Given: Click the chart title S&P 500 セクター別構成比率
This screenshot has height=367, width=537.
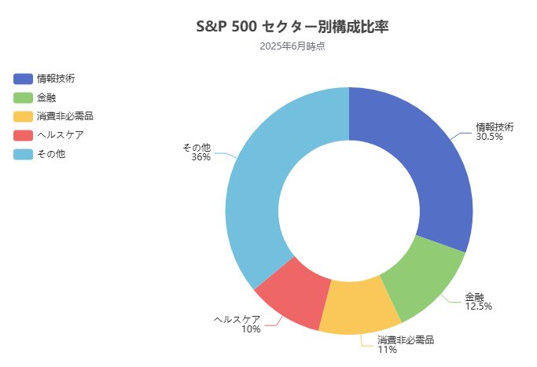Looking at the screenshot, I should click(x=292, y=26).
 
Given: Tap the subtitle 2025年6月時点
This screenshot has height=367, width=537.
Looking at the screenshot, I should click(x=292, y=46).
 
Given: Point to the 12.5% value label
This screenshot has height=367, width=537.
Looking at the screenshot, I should click(x=478, y=306).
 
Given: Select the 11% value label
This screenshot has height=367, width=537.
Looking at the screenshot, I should click(x=387, y=350).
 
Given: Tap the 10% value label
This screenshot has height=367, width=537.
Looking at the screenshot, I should click(x=251, y=329).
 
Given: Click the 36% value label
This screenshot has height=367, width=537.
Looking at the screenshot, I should click(x=200, y=157).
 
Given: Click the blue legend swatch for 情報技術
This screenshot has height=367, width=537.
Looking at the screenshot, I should click(x=23, y=79).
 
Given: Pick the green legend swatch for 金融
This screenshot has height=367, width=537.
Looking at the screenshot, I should click(x=23, y=97).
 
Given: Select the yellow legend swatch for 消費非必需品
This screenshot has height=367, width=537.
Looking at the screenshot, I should click(x=23, y=116).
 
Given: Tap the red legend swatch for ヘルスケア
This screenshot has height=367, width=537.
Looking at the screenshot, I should click(x=23, y=135).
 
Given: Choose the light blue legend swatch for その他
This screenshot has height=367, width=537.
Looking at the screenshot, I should click(x=23, y=154).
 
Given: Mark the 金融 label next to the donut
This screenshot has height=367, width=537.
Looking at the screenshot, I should click(x=474, y=296).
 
